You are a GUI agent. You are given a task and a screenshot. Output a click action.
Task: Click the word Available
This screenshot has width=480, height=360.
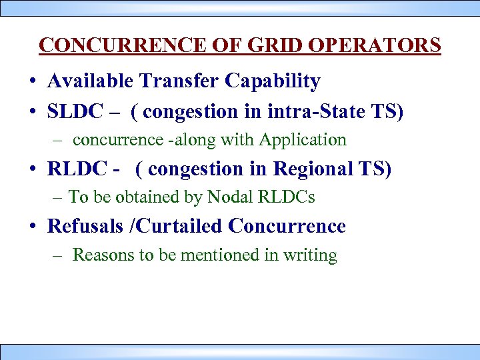click(x=90, y=81)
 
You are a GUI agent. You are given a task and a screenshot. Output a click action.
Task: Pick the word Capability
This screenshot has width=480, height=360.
click(x=273, y=82)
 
